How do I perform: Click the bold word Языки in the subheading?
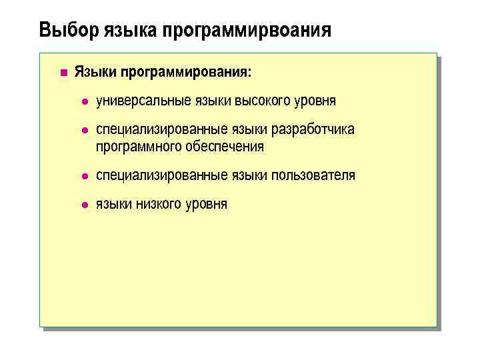93,71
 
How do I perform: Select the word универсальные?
143,101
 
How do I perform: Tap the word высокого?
263,101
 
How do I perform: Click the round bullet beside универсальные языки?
84,101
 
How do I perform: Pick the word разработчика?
315,129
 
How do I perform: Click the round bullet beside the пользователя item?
84,176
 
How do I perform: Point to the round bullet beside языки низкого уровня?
84,205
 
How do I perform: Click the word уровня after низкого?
207,204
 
